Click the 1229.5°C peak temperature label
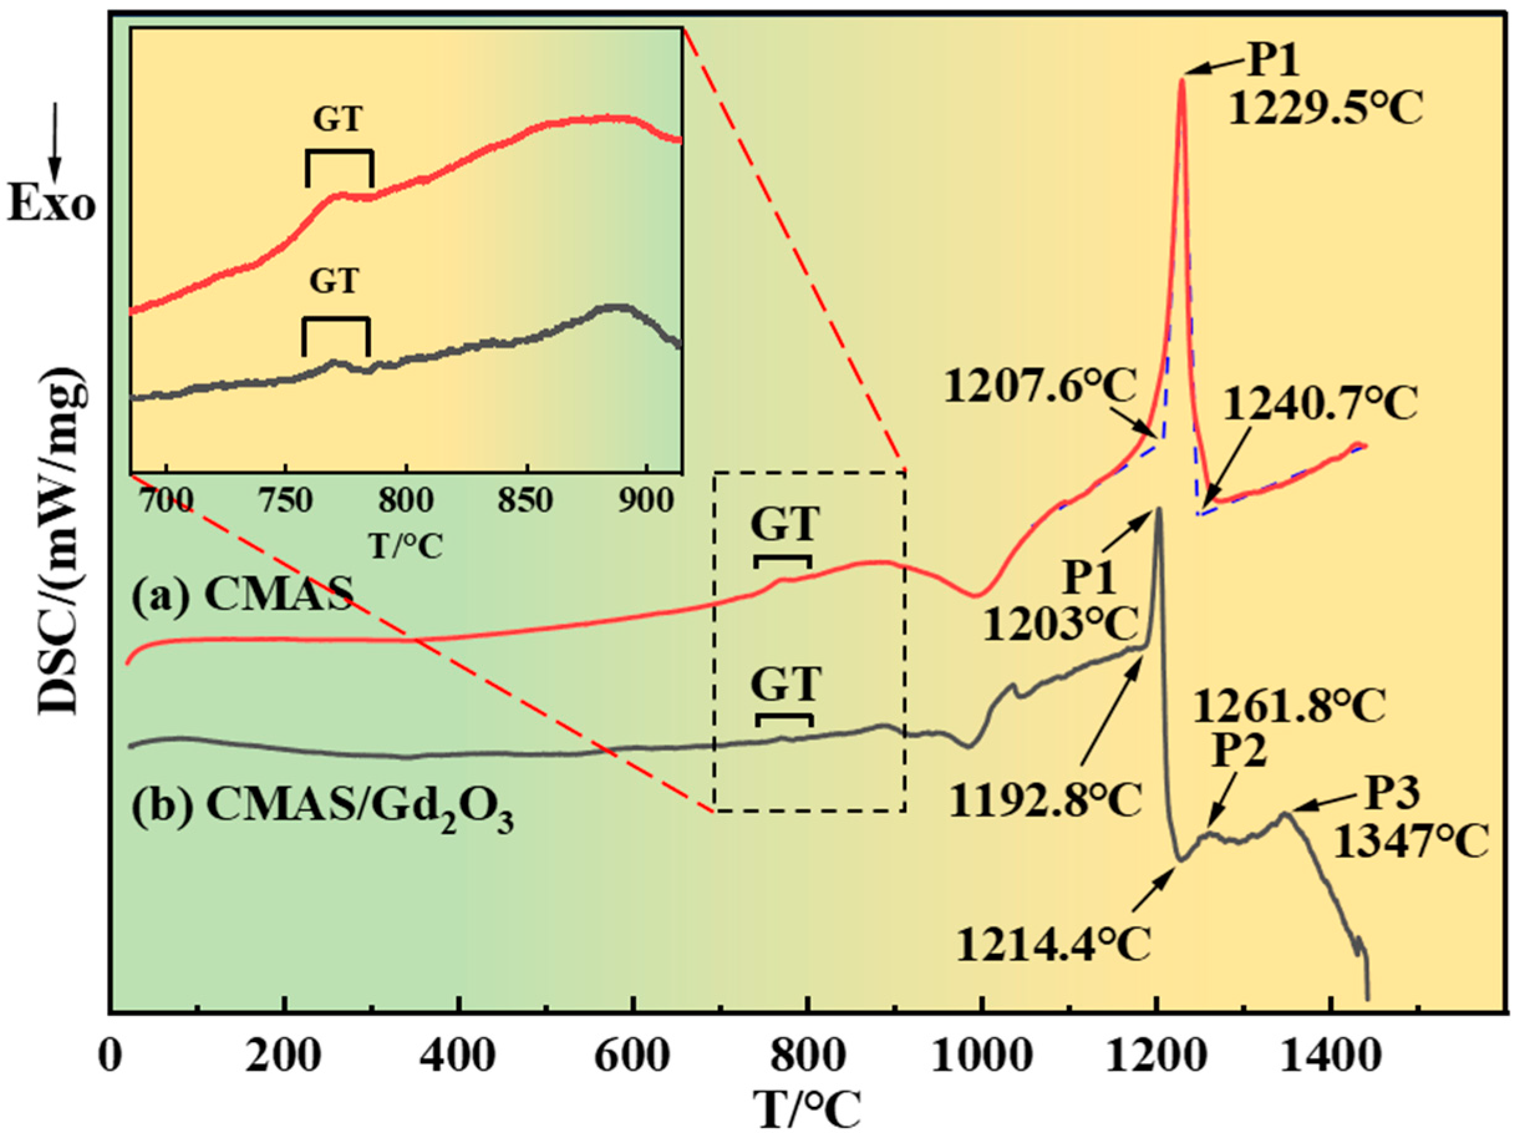coord(1326,110)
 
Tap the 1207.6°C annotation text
coord(1039,387)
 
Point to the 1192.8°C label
coord(1044,801)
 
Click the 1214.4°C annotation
coord(1054,944)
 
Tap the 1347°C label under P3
coord(1412,843)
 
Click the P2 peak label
coord(1239,751)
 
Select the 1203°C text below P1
coord(1060,626)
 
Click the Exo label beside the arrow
coord(52,205)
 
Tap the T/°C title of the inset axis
coord(406,546)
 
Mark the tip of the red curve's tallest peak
coord(1181,80)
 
